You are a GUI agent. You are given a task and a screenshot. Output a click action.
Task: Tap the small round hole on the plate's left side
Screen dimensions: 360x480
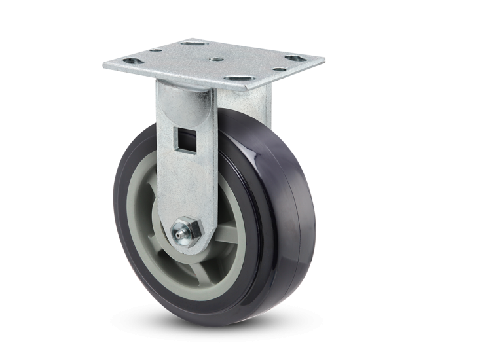157,50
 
